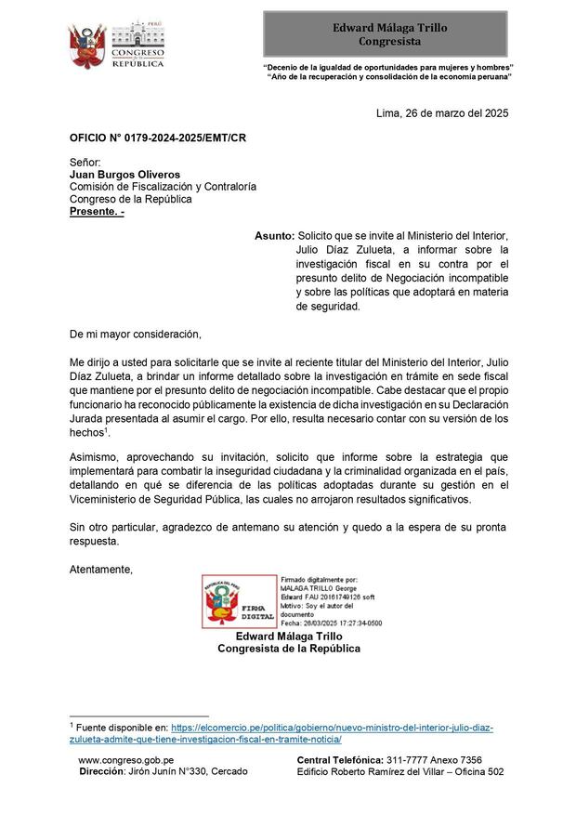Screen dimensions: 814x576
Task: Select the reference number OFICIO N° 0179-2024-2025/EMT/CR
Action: (x=158, y=138)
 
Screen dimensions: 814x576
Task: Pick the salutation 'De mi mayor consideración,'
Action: (x=135, y=333)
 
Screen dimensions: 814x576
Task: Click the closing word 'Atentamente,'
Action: (x=101, y=569)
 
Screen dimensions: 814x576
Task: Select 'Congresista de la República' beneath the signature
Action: (x=288, y=649)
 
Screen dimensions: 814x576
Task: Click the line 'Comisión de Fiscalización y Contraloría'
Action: (x=163, y=186)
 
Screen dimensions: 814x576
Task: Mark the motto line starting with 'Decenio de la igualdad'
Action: (x=388, y=68)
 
